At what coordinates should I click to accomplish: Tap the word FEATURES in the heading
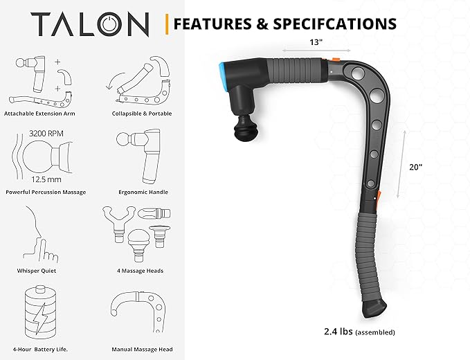[x=213, y=24]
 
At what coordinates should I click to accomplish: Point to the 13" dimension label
[x=316, y=42]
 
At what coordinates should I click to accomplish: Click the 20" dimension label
[x=416, y=167]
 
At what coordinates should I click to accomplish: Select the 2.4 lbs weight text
[x=338, y=332]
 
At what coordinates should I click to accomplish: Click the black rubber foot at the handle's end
[x=374, y=309]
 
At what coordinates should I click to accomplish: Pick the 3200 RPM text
[x=46, y=134]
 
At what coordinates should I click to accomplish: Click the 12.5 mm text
[x=46, y=179]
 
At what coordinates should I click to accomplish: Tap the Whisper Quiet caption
[x=37, y=271]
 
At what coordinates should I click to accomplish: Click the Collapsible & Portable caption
[x=142, y=114]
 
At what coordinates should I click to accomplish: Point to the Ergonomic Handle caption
[x=143, y=192]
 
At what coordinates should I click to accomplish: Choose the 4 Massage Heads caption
[x=141, y=271]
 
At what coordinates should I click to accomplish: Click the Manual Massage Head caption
[x=142, y=349]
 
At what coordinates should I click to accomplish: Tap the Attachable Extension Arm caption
[x=39, y=114]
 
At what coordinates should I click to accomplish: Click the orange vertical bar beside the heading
[x=167, y=24]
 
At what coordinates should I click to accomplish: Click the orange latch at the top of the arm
[x=334, y=60]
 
